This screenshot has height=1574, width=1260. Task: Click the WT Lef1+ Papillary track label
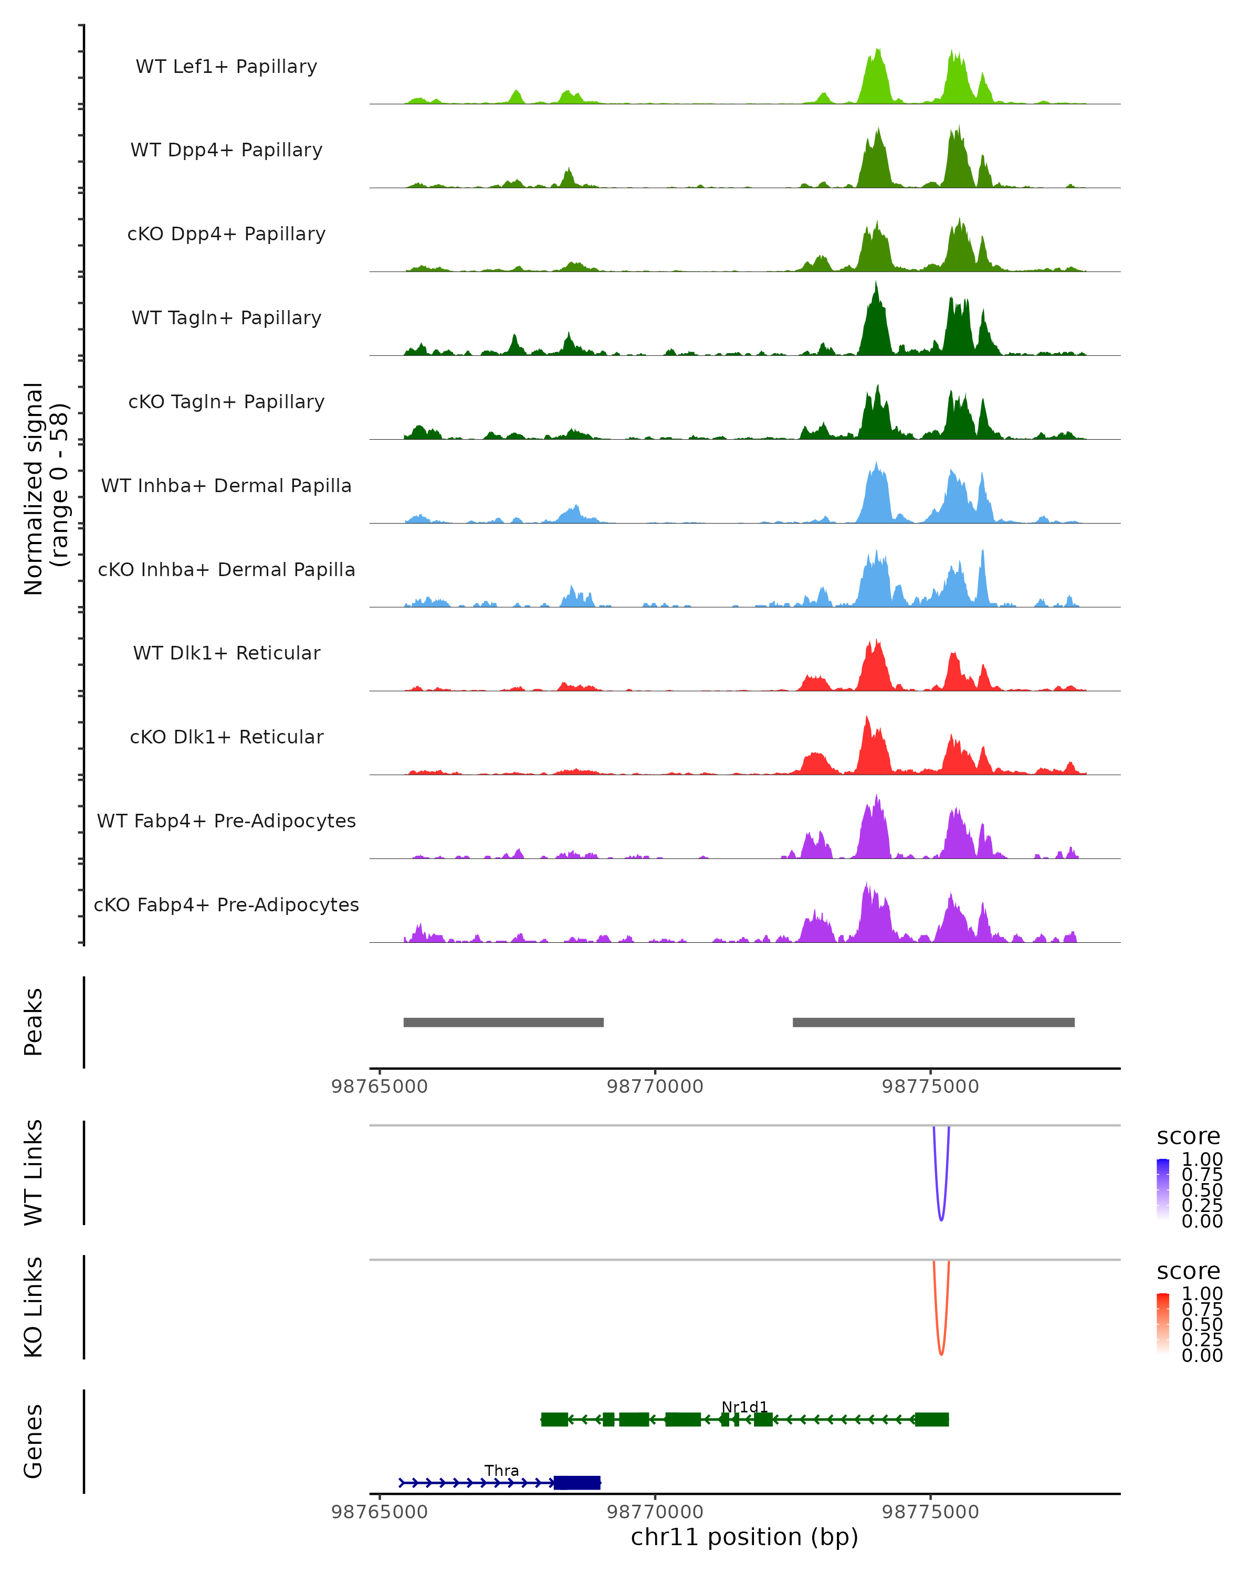[226, 67]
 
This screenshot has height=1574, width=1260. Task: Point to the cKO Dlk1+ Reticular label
[226, 737]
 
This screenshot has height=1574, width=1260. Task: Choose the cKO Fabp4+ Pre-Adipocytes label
[226, 905]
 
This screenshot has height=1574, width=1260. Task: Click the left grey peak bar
[503, 1022]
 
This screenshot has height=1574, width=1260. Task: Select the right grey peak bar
[933, 1022]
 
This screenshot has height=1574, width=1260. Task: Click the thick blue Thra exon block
[577, 1483]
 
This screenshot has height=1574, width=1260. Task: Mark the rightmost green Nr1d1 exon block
[932, 1419]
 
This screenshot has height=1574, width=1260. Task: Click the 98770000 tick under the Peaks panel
[655, 1087]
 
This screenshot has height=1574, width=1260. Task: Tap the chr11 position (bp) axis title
[744, 1537]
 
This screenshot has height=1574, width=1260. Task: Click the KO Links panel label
[34, 1307]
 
